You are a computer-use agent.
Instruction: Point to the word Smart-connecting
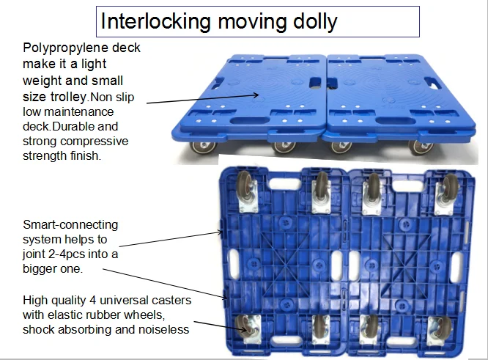(x=70, y=224)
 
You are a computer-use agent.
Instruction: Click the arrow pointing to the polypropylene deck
(x=198, y=98)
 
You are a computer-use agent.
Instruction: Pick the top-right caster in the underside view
(x=445, y=191)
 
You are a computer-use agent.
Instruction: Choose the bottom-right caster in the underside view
(x=440, y=331)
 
